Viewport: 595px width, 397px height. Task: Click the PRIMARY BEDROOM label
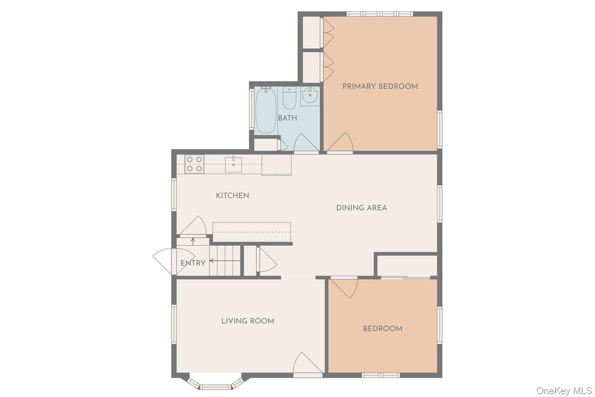tap(380, 86)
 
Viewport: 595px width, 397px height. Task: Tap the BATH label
tap(287, 118)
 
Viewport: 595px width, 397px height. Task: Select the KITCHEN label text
tap(232, 196)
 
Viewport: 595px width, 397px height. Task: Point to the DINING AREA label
tap(361, 208)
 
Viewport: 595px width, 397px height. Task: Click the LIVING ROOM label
tap(248, 321)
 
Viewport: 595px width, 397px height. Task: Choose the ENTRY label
tap(193, 263)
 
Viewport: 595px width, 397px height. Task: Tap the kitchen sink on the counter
tap(233, 164)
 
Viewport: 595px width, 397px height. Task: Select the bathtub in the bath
tap(266, 110)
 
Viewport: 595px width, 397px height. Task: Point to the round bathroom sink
tap(310, 96)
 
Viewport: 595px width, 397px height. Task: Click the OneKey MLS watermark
tap(564, 391)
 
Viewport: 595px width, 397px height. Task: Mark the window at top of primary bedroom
tap(379, 14)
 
